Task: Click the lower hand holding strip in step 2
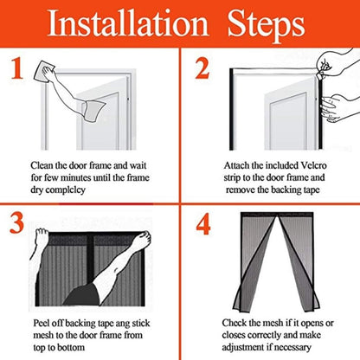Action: [x=339, y=108]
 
